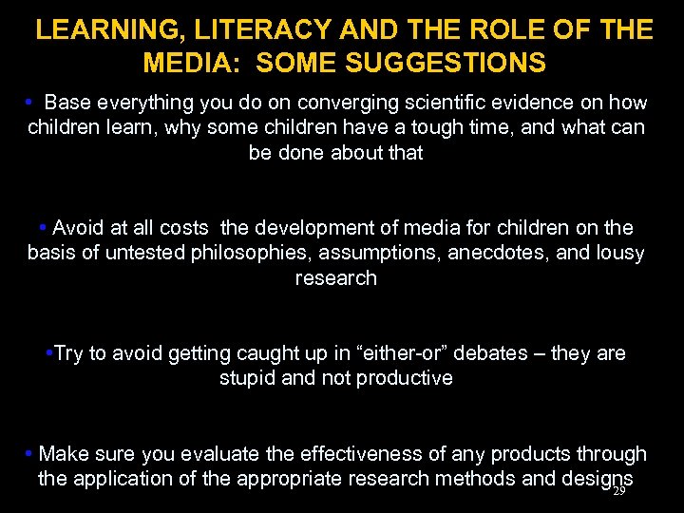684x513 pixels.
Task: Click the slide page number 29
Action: pos(619,491)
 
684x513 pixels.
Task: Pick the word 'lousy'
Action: pos(618,253)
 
